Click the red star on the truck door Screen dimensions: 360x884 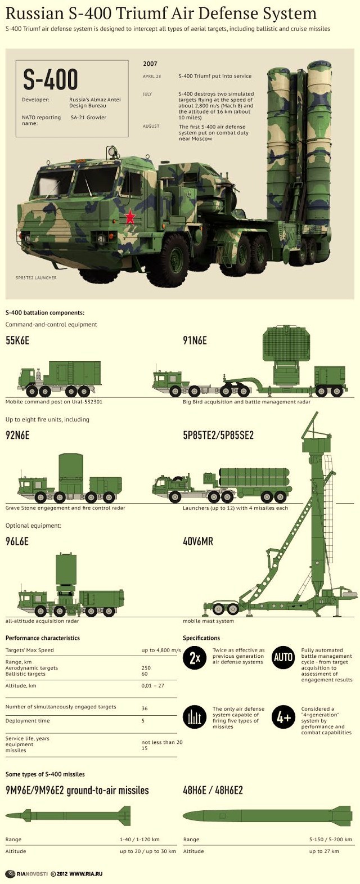pyautogui.click(x=130, y=216)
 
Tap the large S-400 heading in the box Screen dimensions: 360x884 pyautogui.click(x=50, y=79)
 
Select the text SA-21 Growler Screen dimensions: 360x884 pyautogui.click(x=88, y=117)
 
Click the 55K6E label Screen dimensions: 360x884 pyautogui.click(x=17, y=340)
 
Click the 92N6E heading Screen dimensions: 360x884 pyautogui.click(x=17, y=436)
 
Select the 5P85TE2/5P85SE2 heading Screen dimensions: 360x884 pyautogui.click(x=218, y=436)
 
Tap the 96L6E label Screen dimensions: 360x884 pyautogui.click(x=17, y=541)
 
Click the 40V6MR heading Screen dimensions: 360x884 pyautogui.click(x=198, y=541)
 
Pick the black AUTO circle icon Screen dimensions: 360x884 pyautogui.click(x=283, y=657)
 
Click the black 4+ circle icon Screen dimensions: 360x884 pyautogui.click(x=283, y=717)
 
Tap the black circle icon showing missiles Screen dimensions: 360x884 pyautogui.click(x=195, y=717)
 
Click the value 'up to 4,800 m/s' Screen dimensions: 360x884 pyautogui.click(x=161, y=650)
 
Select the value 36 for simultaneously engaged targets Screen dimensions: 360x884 pyautogui.click(x=145, y=708)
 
